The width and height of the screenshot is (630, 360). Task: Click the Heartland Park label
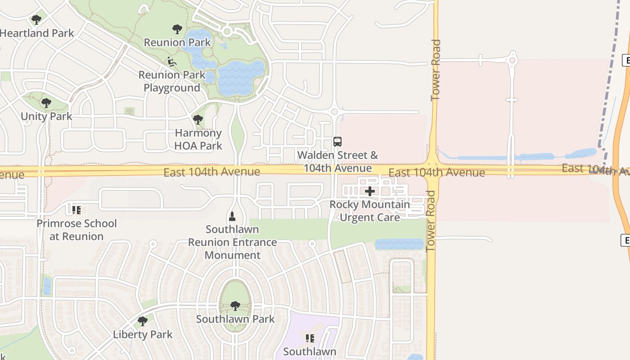pos(37,33)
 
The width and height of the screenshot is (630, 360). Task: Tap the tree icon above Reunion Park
pos(177,30)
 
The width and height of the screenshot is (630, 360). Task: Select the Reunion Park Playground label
pos(172,81)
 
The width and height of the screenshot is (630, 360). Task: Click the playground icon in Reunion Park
pos(172,61)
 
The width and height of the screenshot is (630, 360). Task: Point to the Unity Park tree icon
pos(46,103)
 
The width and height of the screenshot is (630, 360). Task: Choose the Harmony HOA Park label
pos(198,139)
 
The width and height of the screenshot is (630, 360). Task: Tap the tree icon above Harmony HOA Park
pos(198,120)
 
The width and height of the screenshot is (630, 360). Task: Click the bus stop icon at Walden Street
pos(337,142)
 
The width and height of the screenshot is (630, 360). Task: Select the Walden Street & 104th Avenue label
pos(338,162)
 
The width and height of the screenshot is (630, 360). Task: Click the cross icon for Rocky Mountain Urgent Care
pos(370,191)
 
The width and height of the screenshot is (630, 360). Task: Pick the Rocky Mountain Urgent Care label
pos(370,211)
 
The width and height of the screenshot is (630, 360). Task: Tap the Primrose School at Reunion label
pos(76,230)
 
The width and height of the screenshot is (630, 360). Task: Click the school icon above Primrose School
pos(76,210)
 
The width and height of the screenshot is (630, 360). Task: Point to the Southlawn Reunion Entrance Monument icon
pos(232,216)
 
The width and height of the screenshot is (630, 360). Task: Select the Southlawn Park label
pos(235,319)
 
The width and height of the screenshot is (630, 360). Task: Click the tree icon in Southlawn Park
pos(235,306)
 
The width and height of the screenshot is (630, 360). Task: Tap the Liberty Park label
pos(143,335)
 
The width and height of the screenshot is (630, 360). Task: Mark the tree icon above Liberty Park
pos(143,321)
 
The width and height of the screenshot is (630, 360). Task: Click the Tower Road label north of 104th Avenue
pos(436,70)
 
